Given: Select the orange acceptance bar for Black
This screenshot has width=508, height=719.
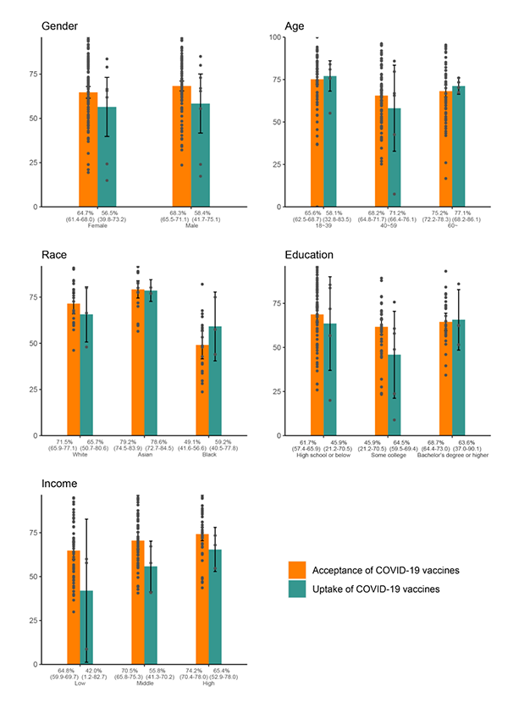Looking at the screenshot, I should coord(202,390).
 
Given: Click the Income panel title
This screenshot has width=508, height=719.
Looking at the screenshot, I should coord(61,484).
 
